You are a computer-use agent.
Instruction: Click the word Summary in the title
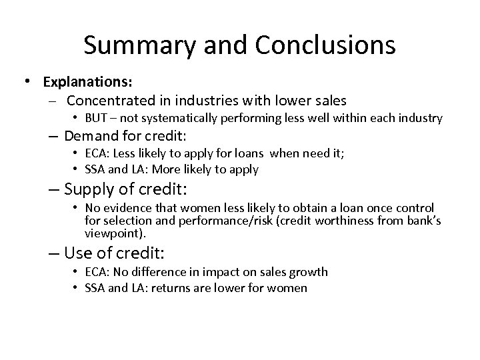tap(139, 45)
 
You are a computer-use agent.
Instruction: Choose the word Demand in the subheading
tap(90, 135)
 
